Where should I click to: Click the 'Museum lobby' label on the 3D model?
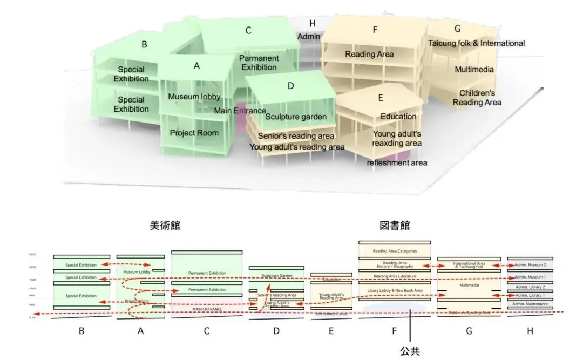194,97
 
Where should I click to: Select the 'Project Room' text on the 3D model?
194,133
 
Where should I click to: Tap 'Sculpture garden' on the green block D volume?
296,117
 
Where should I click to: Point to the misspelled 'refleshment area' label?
397,162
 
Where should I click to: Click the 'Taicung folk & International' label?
477,43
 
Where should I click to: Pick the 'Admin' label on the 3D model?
309,36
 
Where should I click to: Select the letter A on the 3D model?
196,66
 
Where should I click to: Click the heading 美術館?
164,226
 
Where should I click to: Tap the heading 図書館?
394,226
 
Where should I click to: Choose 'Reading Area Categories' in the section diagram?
395,251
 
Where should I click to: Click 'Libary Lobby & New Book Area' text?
395,291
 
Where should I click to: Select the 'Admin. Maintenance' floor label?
530,304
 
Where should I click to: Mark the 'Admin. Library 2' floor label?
530,287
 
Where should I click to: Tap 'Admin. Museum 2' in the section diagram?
530,265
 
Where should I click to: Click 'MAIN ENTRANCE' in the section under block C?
207,309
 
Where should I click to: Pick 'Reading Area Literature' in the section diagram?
395,276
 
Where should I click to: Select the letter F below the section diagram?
395,331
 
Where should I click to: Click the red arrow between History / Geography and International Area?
434,266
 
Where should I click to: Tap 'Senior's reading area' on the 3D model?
296,136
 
